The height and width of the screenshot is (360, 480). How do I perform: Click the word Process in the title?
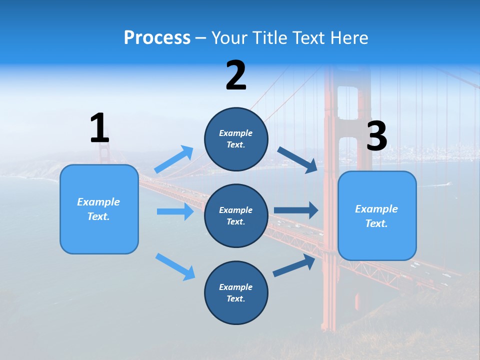pyautogui.click(x=157, y=38)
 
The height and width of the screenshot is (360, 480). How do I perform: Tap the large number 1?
pyautogui.click(x=99, y=128)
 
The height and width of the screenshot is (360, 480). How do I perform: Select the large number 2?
pyautogui.click(x=236, y=76)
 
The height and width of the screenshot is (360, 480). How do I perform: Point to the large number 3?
pyautogui.click(x=376, y=136)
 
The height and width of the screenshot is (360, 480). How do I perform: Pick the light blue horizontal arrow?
pyautogui.click(x=175, y=211)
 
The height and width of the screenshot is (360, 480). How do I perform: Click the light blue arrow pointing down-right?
pyautogui.click(x=175, y=266)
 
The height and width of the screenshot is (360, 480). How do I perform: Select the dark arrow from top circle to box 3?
pyautogui.click(x=297, y=159)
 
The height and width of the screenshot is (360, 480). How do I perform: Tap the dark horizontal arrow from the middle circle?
pyautogui.click(x=296, y=210)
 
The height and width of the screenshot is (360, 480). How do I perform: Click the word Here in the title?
pyautogui.click(x=350, y=38)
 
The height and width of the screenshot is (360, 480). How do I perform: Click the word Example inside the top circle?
pyautogui.click(x=236, y=133)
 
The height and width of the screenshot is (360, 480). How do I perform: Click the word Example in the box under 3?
pyautogui.click(x=376, y=209)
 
